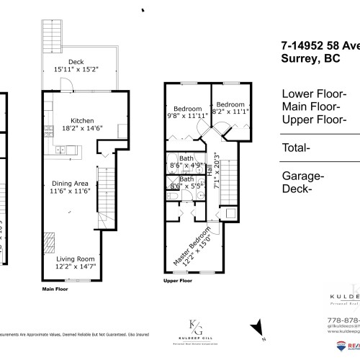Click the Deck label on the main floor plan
point(76,62)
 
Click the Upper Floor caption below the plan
point(179,281)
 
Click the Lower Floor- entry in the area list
point(315,94)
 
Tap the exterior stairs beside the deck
point(53,32)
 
